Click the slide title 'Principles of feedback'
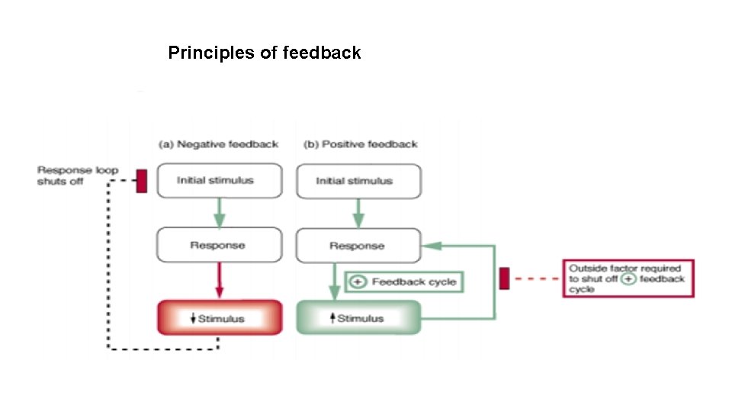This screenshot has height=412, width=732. pyautogui.click(x=264, y=53)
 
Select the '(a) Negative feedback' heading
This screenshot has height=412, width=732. pyautogui.click(x=218, y=143)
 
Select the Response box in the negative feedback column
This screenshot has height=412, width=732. pyautogui.click(x=218, y=245)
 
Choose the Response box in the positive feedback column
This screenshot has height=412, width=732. pyautogui.click(x=357, y=246)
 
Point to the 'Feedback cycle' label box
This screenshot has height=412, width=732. pyautogui.click(x=404, y=282)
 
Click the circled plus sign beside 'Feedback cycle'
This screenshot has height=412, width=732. pyautogui.click(x=357, y=282)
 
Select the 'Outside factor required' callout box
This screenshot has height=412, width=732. pyautogui.click(x=628, y=278)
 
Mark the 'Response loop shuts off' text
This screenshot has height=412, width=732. pyautogui.click(x=77, y=176)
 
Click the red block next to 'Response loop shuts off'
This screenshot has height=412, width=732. pyautogui.click(x=141, y=181)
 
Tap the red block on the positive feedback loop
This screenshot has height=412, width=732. pyautogui.click(x=504, y=278)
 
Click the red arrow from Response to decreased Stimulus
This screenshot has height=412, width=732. pyautogui.click(x=219, y=280)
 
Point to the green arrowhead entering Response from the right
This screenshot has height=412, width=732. pyautogui.click(x=429, y=246)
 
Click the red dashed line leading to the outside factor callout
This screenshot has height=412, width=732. pyautogui.click(x=537, y=278)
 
